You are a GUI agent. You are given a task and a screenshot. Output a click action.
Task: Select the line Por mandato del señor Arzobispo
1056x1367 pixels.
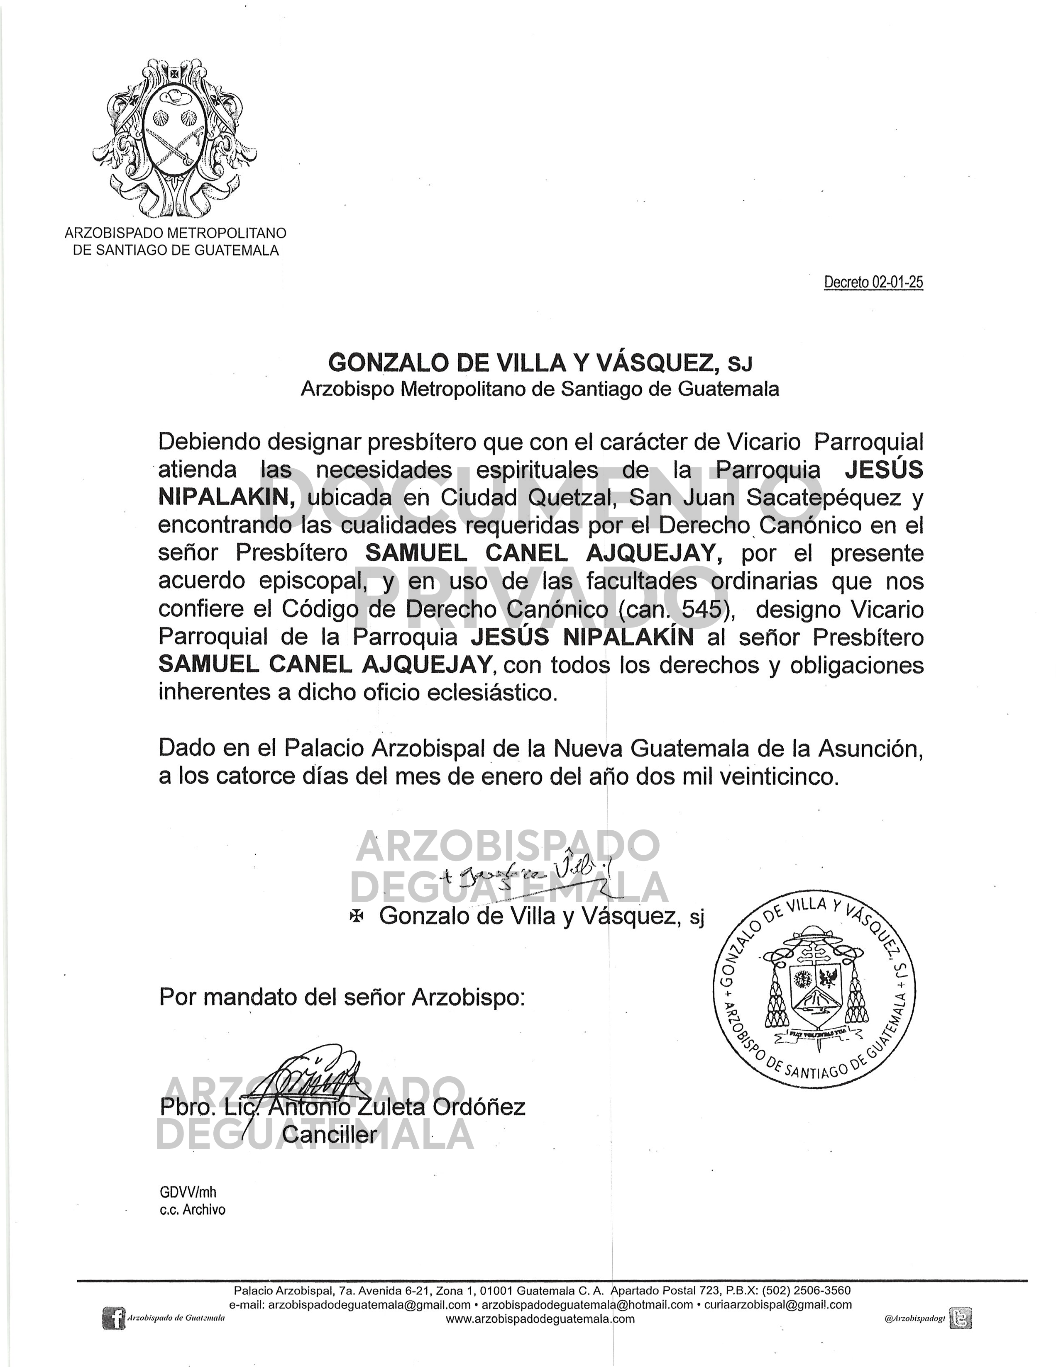point(341,997)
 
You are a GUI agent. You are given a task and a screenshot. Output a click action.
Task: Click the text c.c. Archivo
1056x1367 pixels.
point(192,1210)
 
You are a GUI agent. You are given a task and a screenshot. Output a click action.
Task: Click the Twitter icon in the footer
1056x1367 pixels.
point(960,1318)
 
